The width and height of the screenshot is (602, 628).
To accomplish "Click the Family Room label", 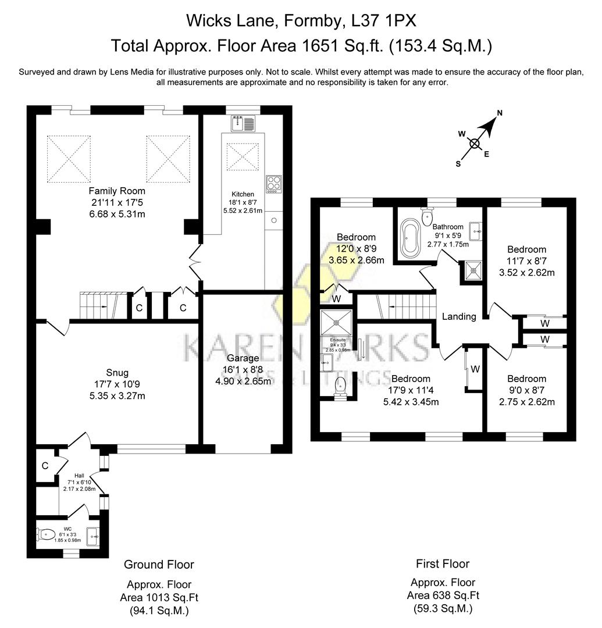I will click(117, 191).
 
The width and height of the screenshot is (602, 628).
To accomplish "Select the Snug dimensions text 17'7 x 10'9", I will click(117, 384).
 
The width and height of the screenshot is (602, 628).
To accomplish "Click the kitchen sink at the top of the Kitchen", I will click(243, 123).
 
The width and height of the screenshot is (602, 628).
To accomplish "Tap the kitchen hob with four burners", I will click(273, 184).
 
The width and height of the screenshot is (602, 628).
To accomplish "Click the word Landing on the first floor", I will click(459, 317).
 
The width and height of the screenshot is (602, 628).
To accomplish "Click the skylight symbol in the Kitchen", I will click(242, 156).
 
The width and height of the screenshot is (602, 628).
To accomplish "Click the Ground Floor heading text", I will click(159, 565).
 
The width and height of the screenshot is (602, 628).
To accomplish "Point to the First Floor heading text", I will click(442, 563).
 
